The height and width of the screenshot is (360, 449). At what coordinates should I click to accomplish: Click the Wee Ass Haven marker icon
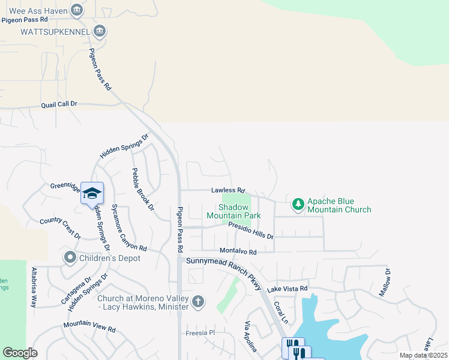pos(76,10)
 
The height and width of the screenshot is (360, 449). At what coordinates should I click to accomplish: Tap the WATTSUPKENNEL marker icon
pos(100,31)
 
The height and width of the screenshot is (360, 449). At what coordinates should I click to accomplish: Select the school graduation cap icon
pos(92,193)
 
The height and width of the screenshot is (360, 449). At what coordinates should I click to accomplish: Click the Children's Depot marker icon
pos(70,258)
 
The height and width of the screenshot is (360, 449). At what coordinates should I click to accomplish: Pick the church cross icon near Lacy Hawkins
pos(198,302)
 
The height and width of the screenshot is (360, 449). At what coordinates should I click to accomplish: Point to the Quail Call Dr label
pos(59,104)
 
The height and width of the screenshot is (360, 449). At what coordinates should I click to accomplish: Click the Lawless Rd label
pos(228,190)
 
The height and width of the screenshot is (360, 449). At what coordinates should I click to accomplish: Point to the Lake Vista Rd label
pos(287,289)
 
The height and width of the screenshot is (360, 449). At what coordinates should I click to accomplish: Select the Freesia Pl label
pos(200,332)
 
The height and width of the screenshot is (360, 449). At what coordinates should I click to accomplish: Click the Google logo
pos(20,353)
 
